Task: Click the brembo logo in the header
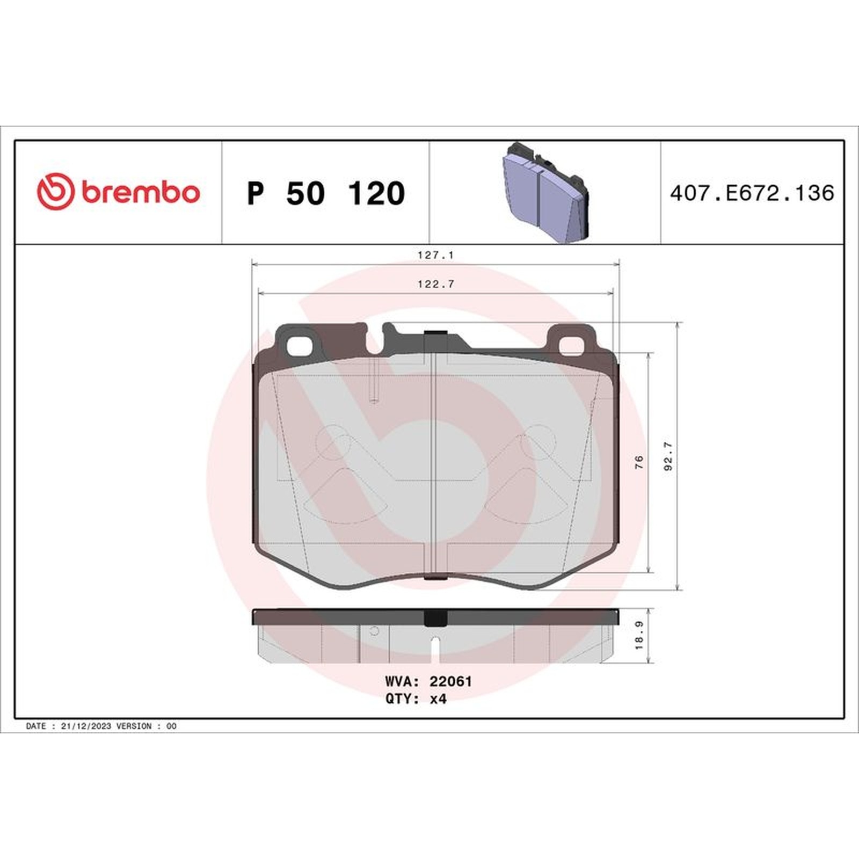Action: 118,192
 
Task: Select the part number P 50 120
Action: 326,193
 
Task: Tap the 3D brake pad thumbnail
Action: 545,192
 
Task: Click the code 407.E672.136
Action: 752,193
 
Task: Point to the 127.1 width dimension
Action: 435,255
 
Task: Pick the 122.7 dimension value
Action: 435,284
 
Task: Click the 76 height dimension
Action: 638,462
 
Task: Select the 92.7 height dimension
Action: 668,457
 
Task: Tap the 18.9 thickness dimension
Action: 639,636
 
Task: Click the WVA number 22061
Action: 450,681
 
